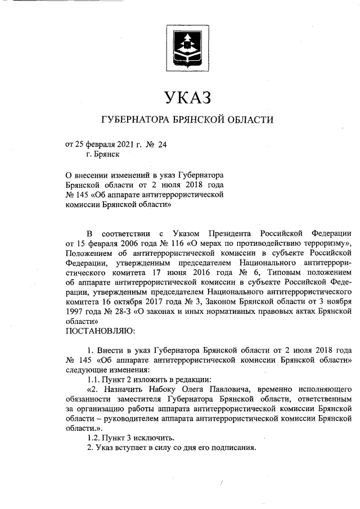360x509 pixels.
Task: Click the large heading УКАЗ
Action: pos(187,97)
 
